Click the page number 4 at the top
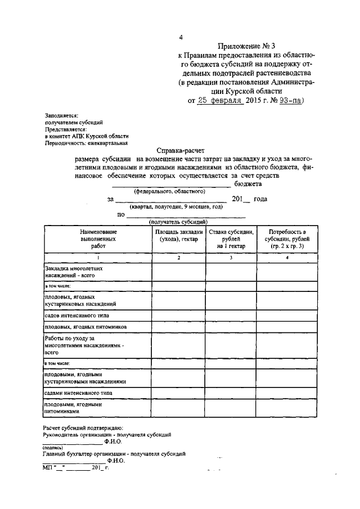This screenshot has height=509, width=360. tap(181, 38)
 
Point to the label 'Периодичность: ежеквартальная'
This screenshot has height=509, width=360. tap(83, 142)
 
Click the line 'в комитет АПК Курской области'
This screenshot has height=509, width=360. tap(87, 136)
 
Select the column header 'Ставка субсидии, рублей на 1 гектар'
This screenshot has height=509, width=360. tap(231, 239)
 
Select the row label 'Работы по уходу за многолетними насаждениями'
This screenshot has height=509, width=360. tap(82, 345)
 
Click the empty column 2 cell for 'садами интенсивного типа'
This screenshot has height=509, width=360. tap(178, 391)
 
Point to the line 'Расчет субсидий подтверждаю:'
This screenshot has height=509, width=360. tap(83, 429)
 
